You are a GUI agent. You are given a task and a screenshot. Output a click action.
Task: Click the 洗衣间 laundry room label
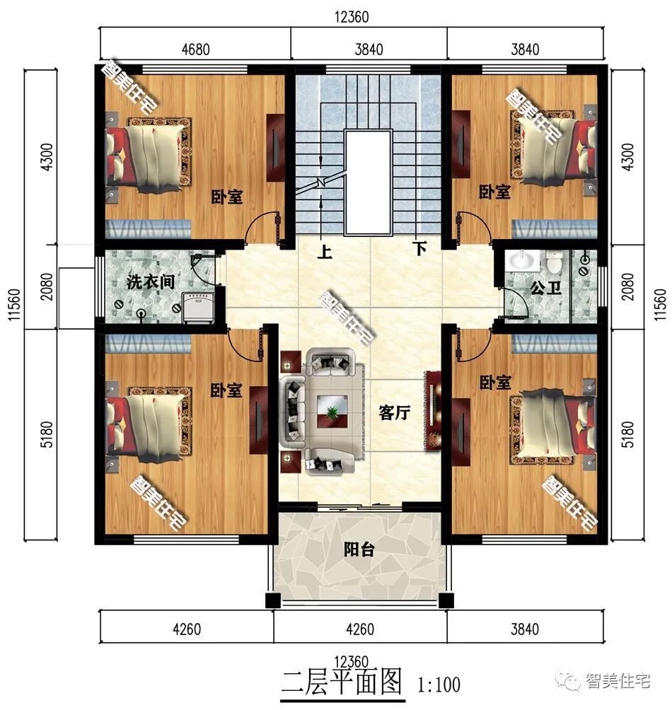point(151,281)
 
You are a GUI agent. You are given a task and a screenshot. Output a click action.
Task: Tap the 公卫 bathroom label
point(545,287)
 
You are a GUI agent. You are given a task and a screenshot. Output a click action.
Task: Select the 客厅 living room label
point(395,412)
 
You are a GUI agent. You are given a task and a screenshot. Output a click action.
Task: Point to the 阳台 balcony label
point(359,549)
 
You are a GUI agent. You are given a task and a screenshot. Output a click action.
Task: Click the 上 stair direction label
point(324,251)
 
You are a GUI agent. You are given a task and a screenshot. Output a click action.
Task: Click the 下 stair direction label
point(419,248)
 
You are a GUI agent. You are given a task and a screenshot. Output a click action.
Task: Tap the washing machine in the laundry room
point(198,308)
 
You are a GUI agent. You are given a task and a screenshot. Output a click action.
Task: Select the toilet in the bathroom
point(554,262)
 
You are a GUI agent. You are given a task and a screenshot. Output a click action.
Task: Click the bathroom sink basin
point(523,260)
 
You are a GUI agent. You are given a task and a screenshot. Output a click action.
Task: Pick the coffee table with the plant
point(332,411)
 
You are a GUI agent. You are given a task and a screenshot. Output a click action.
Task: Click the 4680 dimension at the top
point(196,49)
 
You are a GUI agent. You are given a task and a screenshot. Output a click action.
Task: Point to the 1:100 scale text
point(439,685)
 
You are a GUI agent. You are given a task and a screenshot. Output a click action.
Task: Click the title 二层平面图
point(342,683)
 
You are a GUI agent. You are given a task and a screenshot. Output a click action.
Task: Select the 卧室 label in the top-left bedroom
point(226,197)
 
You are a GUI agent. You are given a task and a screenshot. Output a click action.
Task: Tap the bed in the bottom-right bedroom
point(553,427)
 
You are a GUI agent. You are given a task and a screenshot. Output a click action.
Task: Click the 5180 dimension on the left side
point(47,434)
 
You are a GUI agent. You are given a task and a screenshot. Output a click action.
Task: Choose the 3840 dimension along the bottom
point(525,629)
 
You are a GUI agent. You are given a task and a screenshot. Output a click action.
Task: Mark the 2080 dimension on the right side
point(627,286)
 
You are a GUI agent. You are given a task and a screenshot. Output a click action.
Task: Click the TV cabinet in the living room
point(432,411)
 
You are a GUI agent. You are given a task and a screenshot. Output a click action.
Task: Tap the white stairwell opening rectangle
point(368,182)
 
